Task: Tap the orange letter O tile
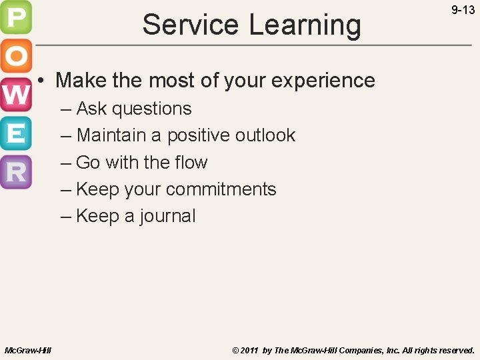coord(16,57)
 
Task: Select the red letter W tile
coord(16,95)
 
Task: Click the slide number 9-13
coord(463,10)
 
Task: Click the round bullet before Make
coord(41,81)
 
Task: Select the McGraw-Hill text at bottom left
coord(28,350)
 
